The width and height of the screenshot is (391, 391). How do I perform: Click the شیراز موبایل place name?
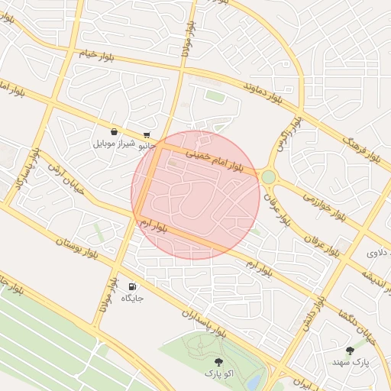(114, 143)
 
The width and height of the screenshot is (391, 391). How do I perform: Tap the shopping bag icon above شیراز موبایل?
(114, 131)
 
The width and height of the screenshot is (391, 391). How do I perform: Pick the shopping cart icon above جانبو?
(147, 134)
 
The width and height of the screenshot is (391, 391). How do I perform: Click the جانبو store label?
(147, 145)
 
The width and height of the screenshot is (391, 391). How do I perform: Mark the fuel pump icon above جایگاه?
(133, 285)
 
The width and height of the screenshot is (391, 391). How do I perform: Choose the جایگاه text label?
(132, 297)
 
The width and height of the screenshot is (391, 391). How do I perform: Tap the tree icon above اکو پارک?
(219, 361)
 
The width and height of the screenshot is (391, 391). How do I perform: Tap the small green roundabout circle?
(268, 177)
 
